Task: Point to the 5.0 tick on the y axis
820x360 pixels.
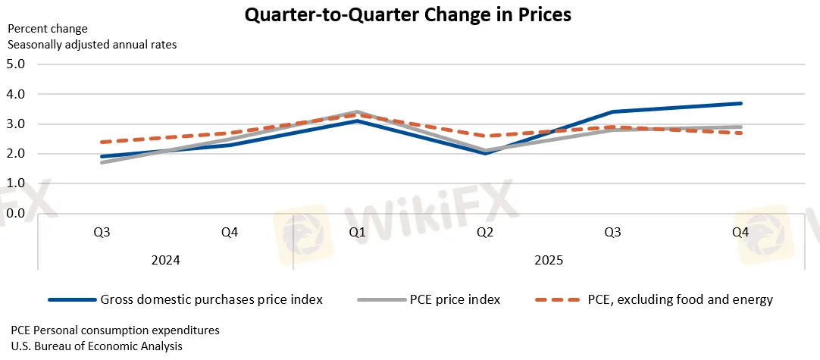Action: (x=15, y=64)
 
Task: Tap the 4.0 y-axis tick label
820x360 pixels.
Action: (x=15, y=94)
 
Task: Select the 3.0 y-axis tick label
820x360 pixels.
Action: (x=15, y=124)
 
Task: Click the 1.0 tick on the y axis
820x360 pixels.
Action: (x=15, y=184)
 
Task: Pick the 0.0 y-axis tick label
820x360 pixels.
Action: (x=15, y=214)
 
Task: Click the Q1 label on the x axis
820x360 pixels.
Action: (x=357, y=233)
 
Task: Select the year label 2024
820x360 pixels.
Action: (x=166, y=260)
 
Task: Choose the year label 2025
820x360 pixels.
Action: (x=549, y=260)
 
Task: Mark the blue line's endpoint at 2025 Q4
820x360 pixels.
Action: (x=740, y=103)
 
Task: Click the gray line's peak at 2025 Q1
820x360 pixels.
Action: (x=357, y=112)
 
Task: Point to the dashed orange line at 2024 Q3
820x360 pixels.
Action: (x=102, y=142)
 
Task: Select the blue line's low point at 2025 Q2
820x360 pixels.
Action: (x=485, y=153)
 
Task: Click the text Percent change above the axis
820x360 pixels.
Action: (x=48, y=29)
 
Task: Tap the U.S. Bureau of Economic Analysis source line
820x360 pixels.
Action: (x=96, y=346)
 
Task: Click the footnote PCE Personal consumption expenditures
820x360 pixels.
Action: (x=115, y=330)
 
